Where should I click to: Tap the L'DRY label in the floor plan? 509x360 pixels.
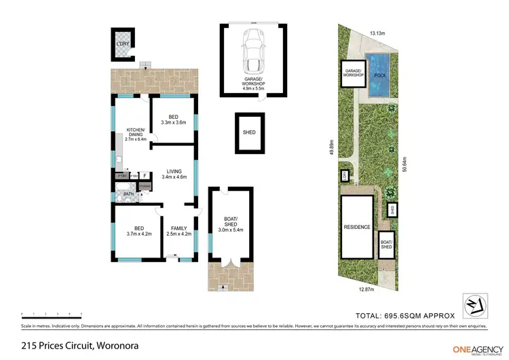(x=122, y=45)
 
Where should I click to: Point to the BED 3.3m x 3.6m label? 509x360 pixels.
(x=173, y=120)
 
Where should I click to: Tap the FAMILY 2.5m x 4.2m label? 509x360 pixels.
(x=179, y=231)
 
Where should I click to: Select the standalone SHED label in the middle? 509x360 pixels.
(x=249, y=132)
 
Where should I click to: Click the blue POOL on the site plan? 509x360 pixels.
(x=379, y=75)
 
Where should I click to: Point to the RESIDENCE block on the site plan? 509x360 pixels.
(x=356, y=227)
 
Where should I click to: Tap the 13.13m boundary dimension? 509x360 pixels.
(x=378, y=33)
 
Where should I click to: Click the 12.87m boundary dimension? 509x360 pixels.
(x=366, y=289)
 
